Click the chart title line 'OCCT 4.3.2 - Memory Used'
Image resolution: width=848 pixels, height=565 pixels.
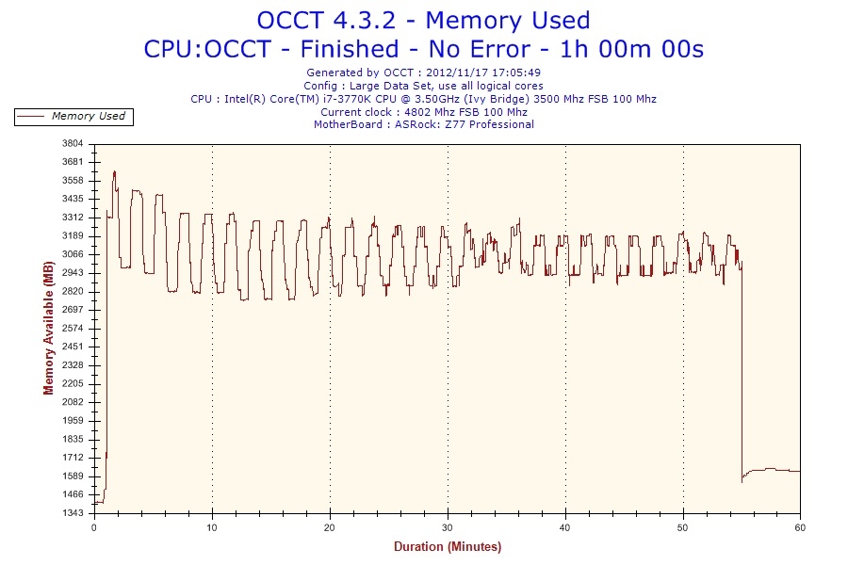(423, 20)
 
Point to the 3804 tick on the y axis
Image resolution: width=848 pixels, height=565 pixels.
(73, 144)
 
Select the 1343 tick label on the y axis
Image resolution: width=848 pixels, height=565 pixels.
(73, 513)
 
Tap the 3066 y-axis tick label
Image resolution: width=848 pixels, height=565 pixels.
(73, 254)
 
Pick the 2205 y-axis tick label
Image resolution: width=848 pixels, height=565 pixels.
(73, 384)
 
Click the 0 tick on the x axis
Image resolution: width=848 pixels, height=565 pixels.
(94, 527)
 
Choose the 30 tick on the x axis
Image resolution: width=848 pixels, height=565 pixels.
(448, 527)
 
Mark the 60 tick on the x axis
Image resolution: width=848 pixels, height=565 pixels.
(800, 527)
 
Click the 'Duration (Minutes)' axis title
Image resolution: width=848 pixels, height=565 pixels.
(448, 547)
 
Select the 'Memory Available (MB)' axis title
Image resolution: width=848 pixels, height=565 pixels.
(48, 329)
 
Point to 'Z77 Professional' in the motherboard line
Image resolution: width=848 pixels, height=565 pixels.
(489, 124)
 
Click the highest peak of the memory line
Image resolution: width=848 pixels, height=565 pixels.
(114, 171)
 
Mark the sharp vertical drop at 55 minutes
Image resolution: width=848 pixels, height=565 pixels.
(742, 377)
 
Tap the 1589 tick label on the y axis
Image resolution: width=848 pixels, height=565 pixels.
(73, 476)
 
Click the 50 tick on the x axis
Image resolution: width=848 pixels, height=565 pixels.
(683, 527)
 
